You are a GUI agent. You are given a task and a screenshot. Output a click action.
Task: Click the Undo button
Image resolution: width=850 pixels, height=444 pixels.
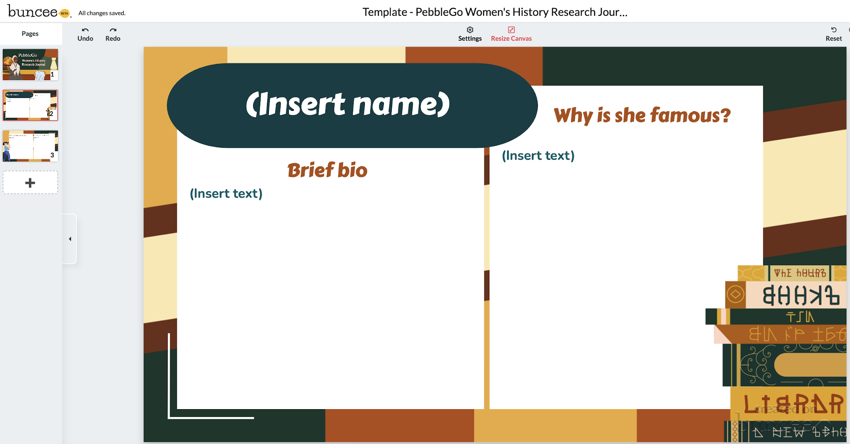tap(85, 34)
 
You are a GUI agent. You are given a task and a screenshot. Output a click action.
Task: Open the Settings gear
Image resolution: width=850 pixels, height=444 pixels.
tap(470, 34)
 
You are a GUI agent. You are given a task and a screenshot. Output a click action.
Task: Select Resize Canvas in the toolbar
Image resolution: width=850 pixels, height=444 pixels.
tap(511, 34)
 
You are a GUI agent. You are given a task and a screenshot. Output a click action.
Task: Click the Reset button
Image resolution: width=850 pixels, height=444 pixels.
tap(833, 34)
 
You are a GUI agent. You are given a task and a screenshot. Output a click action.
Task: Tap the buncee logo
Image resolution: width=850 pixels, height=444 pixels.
tap(33, 12)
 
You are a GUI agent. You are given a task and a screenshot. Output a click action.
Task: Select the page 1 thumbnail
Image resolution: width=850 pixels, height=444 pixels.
tap(30, 64)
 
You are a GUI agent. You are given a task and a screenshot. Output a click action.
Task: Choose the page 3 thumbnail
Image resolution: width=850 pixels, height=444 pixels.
tap(30, 146)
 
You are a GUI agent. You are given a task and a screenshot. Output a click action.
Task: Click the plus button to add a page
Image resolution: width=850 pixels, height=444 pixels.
tap(30, 183)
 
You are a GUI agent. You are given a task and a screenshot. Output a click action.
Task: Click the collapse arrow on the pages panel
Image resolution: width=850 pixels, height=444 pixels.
tap(70, 239)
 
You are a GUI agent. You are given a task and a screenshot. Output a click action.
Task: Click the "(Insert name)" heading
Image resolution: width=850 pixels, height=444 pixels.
tap(348, 104)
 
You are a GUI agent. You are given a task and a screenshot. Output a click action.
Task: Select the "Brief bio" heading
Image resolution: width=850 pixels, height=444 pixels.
tap(327, 170)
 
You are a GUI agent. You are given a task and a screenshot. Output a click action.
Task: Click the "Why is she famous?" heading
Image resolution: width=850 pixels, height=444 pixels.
tap(642, 115)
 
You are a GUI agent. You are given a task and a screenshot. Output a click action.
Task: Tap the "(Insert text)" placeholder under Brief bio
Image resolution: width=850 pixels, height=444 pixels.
tap(226, 193)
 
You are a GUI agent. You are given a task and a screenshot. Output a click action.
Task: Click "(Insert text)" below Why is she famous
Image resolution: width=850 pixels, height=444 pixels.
tap(538, 156)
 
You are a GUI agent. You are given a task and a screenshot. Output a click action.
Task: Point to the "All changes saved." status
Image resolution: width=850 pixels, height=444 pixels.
tap(102, 13)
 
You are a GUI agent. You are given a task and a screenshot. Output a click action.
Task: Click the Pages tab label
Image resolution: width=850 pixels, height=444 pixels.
tap(30, 34)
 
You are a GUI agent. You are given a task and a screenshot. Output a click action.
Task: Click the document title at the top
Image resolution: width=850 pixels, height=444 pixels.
tap(495, 12)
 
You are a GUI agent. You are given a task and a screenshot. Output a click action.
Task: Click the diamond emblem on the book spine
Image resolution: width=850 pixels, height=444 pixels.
tap(735, 295)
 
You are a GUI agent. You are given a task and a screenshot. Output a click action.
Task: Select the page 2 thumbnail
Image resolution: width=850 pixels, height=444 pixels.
tap(30, 105)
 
